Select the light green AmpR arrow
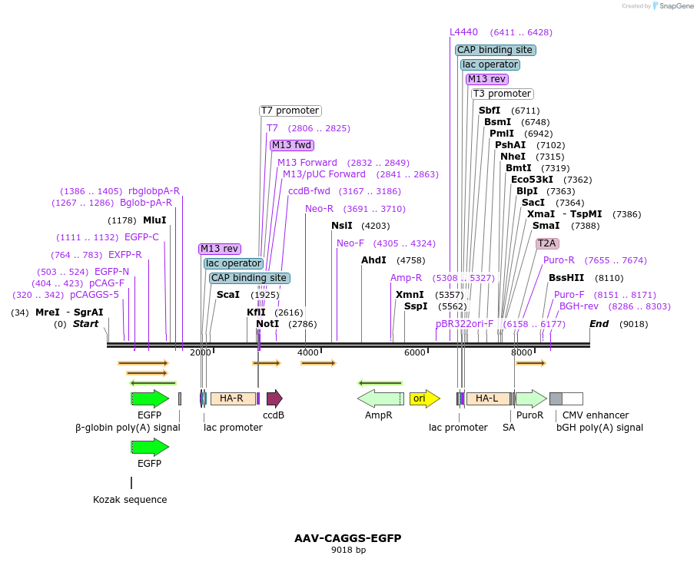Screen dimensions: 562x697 point(380,398)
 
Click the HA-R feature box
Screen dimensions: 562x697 point(232,398)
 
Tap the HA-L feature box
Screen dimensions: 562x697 point(487,398)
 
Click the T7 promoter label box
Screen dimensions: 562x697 point(290,111)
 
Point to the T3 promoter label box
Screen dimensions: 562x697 point(502,94)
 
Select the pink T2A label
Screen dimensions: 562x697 point(547,243)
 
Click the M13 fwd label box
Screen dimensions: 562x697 point(292,145)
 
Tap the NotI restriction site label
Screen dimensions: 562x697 point(267,324)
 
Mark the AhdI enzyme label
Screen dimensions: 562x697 point(373,260)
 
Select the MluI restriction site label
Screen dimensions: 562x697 point(154,220)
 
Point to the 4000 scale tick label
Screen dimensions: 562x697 point(307,352)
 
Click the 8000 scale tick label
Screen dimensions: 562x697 point(521,352)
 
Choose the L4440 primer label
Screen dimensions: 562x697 point(463,32)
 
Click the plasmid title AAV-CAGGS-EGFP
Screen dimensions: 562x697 point(347,538)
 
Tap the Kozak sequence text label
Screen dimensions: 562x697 point(130,500)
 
